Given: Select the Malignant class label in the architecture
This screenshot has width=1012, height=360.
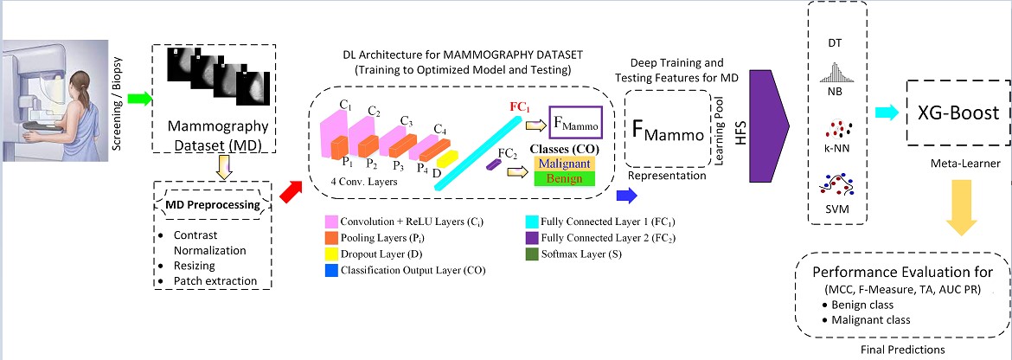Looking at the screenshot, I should [x=563, y=163].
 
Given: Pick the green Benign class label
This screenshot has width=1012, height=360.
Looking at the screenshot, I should [x=563, y=178].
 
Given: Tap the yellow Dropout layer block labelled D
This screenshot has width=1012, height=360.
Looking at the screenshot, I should [x=446, y=159].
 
